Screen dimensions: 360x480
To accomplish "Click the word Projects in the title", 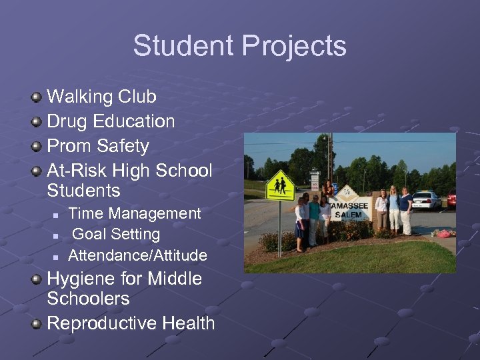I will pyautogui.click(x=294, y=46).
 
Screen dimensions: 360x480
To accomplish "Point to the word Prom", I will pyautogui.click(x=69, y=145).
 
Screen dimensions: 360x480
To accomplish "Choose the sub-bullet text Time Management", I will pyautogui.click(x=134, y=213).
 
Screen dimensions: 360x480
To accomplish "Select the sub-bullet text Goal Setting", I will pyautogui.click(x=116, y=234).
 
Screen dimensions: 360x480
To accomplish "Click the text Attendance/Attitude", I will pyautogui.click(x=137, y=255).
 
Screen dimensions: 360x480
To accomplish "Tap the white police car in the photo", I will pyautogui.click(x=427, y=199).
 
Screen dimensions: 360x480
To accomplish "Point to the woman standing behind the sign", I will pyautogui.click(x=328, y=189).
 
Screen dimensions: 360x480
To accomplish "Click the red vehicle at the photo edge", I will pyautogui.click(x=451, y=198).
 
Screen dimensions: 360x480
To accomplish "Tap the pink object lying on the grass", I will pyautogui.click(x=444, y=233).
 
